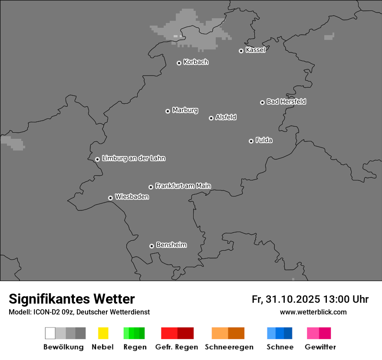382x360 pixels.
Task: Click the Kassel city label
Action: [255, 50]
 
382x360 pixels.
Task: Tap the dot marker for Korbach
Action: [179, 63]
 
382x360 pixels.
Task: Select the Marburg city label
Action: [185, 110]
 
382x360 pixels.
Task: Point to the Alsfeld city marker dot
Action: [211, 118]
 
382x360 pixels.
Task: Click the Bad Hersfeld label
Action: [286, 101]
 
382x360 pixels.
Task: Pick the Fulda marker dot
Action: [251, 141]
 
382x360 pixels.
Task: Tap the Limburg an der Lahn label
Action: [133, 158]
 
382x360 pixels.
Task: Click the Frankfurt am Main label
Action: [183, 186]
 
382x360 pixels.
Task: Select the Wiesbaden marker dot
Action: [110, 198]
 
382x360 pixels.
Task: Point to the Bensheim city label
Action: [171, 245]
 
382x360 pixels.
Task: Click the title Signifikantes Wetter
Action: [72, 299]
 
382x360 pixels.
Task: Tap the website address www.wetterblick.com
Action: [313, 312]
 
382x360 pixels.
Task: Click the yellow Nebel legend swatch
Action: [103, 333]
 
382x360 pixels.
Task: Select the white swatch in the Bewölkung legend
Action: [50, 333]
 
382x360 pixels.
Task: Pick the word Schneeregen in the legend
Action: [229, 347]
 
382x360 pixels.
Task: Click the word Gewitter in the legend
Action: [320, 347]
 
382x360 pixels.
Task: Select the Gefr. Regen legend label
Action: [176, 347]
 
